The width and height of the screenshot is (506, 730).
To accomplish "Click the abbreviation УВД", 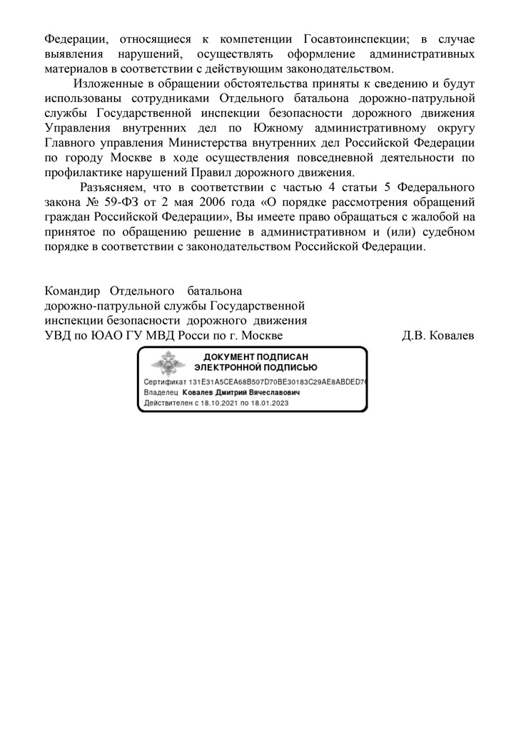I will (x=58, y=335).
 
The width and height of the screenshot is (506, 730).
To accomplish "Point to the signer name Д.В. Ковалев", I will (x=437, y=335).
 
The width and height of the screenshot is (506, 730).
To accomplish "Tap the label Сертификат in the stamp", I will (x=166, y=382).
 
